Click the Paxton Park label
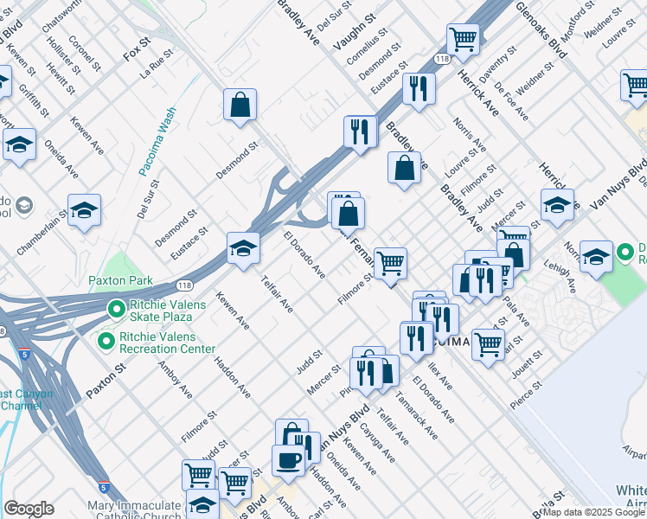[120, 280]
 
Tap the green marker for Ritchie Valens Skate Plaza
[114, 309]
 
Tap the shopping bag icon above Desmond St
[240, 105]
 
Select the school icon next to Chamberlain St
[85, 210]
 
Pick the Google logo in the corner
[29, 509]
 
